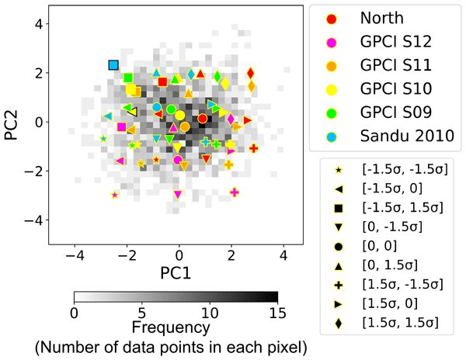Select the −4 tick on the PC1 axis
(x=75, y=254)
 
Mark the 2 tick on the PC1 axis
(x=231, y=254)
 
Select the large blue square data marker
(x=113, y=65)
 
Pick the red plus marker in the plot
(x=253, y=147)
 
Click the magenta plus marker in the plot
(x=235, y=192)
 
